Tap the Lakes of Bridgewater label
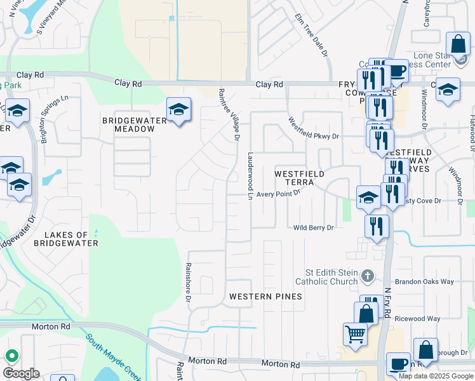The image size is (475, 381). [x=66, y=239]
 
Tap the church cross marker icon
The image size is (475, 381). [x=367, y=276]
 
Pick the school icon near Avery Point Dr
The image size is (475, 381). [x=368, y=197]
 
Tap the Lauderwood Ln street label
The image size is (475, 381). [x=251, y=176]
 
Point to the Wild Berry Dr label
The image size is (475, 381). [x=314, y=227]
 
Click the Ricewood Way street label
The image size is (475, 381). [x=417, y=319]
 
